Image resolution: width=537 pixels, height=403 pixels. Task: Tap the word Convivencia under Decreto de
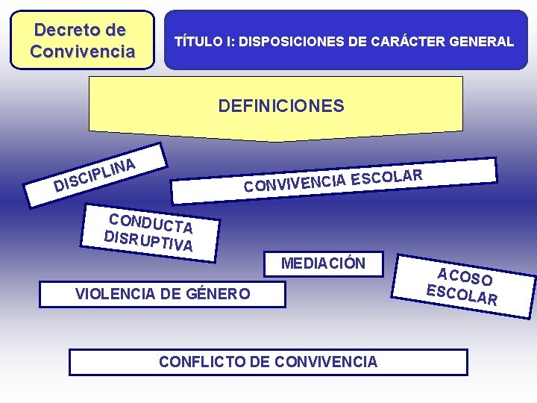pyautogui.click(x=82, y=51)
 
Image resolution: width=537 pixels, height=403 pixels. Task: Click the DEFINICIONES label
pyautogui.click(x=281, y=106)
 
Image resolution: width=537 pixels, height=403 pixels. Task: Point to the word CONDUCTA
pyautogui.click(x=151, y=222)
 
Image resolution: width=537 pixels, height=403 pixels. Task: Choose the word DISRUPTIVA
pyautogui.click(x=148, y=240)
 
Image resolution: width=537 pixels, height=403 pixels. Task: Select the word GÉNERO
pyautogui.click(x=222, y=294)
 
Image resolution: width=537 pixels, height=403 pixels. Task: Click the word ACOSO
pyautogui.click(x=465, y=276)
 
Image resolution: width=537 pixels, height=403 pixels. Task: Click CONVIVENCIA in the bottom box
pyautogui.click(x=326, y=362)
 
